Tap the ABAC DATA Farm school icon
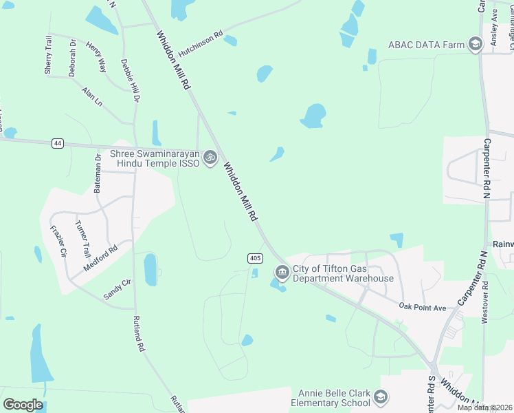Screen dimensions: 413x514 click(x=474, y=45)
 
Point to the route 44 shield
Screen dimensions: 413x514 click(x=58, y=143)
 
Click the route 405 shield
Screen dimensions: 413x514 click(x=255, y=258)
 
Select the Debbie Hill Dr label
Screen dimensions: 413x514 click(x=131, y=81)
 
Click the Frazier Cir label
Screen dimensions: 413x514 click(x=58, y=242)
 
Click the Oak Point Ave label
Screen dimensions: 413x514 click(x=423, y=307)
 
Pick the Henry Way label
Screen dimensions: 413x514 click(x=96, y=56)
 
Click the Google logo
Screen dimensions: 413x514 click(x=23, y=405)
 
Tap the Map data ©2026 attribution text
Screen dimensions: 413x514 click(x=485, y=407)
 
